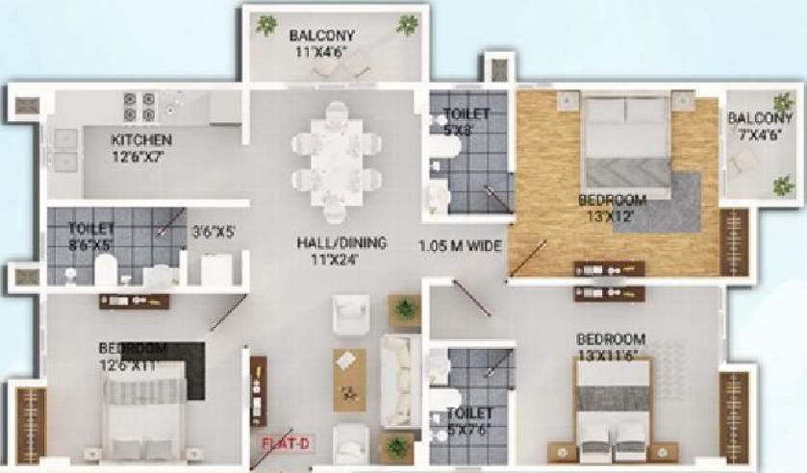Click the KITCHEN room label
coord(141,139)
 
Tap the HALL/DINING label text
coord(341,243)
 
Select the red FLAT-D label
coord(286,444)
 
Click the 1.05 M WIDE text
coord(461,245)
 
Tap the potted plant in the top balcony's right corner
coord(409,25)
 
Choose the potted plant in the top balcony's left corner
coord(266,25)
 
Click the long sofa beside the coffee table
coord(400,381)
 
